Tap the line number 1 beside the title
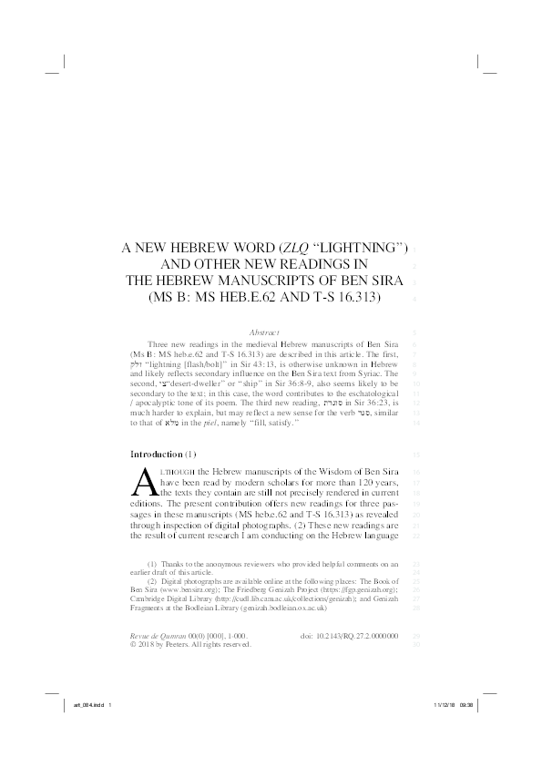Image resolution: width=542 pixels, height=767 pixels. point(414,249)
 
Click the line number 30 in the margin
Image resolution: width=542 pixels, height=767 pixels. point(415,644)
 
